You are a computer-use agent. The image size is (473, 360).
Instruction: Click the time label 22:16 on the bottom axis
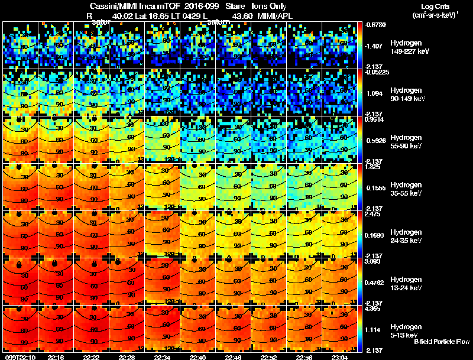(56, 357)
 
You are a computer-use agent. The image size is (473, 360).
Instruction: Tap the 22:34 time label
(162, 357)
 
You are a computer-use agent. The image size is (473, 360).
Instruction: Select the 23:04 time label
(339, 357)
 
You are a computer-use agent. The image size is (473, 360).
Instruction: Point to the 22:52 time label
(268, 357)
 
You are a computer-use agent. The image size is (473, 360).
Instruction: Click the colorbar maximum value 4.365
(372, 309)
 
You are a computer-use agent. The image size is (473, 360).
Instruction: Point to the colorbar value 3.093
(372, 261)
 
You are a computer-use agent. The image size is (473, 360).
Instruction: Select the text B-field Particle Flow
(441, 342)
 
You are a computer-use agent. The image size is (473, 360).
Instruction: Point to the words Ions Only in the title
(269, 6)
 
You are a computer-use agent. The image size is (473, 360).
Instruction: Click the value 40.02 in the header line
(121, 16)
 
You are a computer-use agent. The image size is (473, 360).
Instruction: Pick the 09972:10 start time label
(20, 357)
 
